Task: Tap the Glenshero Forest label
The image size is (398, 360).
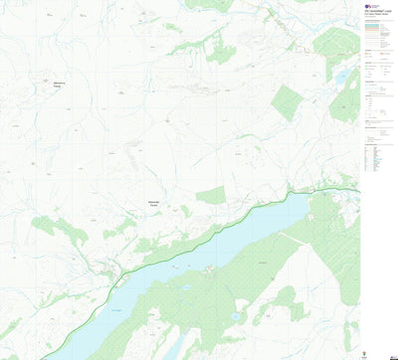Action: click(x=60, y=85)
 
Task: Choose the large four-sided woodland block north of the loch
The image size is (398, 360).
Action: click(x=286, y=102)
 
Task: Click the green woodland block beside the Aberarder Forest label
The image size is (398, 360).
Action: click(x=211, y=196)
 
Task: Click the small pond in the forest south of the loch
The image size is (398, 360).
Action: click(x=236, y=316)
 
